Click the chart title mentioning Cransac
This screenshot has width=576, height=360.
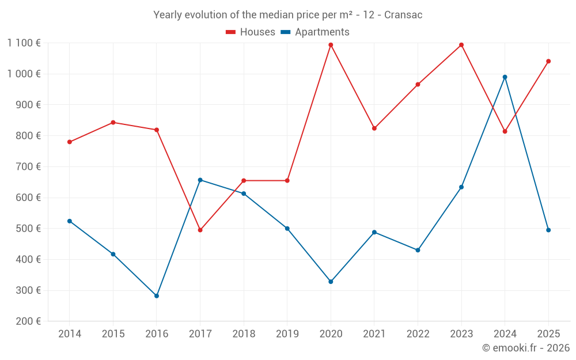(287, 15)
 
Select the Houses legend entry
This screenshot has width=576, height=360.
(251, 32)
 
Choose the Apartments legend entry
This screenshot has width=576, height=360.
(316, 32)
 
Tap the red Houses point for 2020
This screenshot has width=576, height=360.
(331, 45)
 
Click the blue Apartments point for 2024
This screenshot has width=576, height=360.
(505, 77)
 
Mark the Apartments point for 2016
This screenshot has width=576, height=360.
(157, 296)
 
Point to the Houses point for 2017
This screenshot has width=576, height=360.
(200, 230)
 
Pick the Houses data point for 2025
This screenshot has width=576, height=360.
(548, 61)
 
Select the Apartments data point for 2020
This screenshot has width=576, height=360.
(331, 282)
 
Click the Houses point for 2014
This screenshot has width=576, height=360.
(70, 142)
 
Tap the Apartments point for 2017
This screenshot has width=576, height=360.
(200, 180)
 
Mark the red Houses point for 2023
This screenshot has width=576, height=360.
(461, 45)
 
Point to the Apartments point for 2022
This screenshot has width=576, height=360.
(418, 250)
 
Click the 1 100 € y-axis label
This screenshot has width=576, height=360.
(24, 43)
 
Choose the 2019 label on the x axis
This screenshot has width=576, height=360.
(287, 334)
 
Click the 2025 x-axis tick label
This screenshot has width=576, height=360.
(548, 334)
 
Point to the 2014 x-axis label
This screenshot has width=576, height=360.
(70, 334)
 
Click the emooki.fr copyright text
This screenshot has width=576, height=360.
(526, 348)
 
